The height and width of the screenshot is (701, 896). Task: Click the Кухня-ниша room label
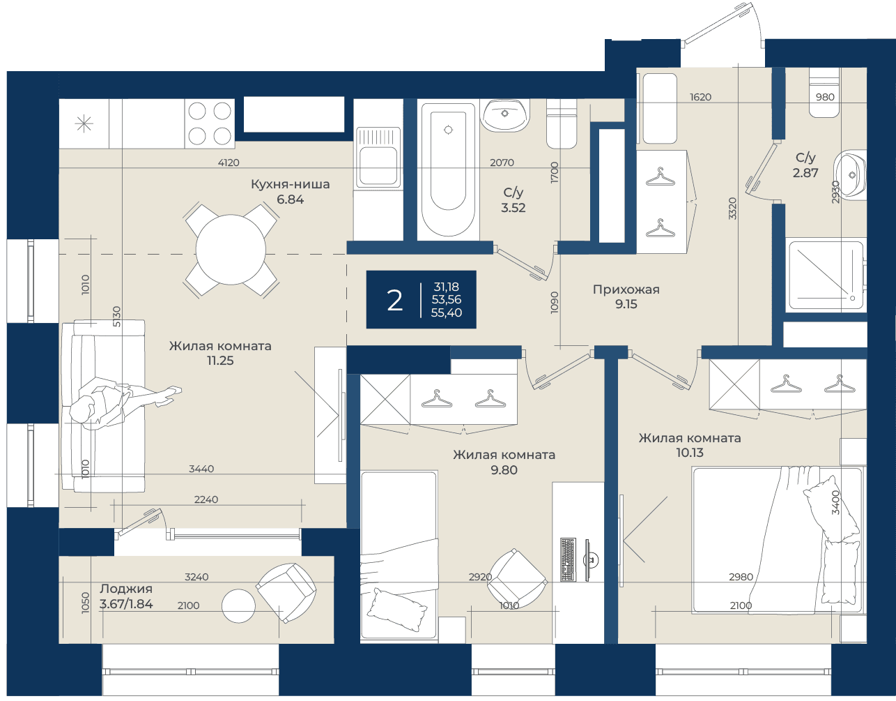coord(291,184)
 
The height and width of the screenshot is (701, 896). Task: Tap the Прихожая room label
coord(626,289)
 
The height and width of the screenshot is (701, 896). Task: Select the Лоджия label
coord(126,589)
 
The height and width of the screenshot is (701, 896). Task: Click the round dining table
coord(231,250)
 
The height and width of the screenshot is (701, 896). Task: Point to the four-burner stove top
coord(210,123)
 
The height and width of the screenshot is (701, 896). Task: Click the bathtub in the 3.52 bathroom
coord(448,169)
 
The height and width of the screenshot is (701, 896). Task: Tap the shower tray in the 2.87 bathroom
coord(826,276)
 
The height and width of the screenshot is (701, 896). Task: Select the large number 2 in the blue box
coord(394,301)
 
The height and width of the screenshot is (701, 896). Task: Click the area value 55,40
coord(447,312)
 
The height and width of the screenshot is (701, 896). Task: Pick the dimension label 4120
coord(229,163)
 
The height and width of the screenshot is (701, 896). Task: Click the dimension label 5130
coord(117,317)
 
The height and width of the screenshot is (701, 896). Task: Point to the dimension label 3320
coord(732,209)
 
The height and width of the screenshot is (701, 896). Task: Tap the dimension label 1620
coord(700,97)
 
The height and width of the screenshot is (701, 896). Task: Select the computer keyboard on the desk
coord(569,559)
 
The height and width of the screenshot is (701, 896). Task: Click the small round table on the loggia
coord(238,605)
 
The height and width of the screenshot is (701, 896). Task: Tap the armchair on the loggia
coord(286,594)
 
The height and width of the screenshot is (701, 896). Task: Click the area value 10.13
coord(690,453)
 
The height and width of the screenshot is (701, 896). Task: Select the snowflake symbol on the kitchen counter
coord(84,123)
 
